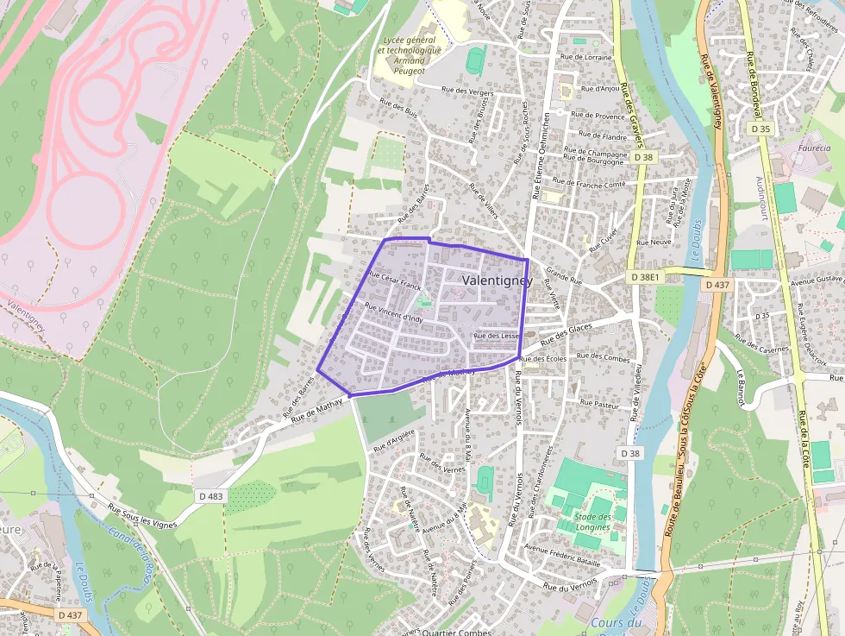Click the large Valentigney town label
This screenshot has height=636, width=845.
pos(498,281)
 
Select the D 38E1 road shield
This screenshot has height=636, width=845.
pos(645,277)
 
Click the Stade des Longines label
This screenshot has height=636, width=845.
pos(592,521)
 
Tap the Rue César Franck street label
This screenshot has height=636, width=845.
pos(394,280)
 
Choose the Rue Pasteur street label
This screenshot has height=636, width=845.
pos(600,403)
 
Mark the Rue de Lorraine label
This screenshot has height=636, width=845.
pos(585,57)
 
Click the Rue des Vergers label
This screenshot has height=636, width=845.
pos(466,91)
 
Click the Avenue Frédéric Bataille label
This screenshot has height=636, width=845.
pos(561,555)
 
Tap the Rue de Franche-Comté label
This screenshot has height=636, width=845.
pos(589,183)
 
